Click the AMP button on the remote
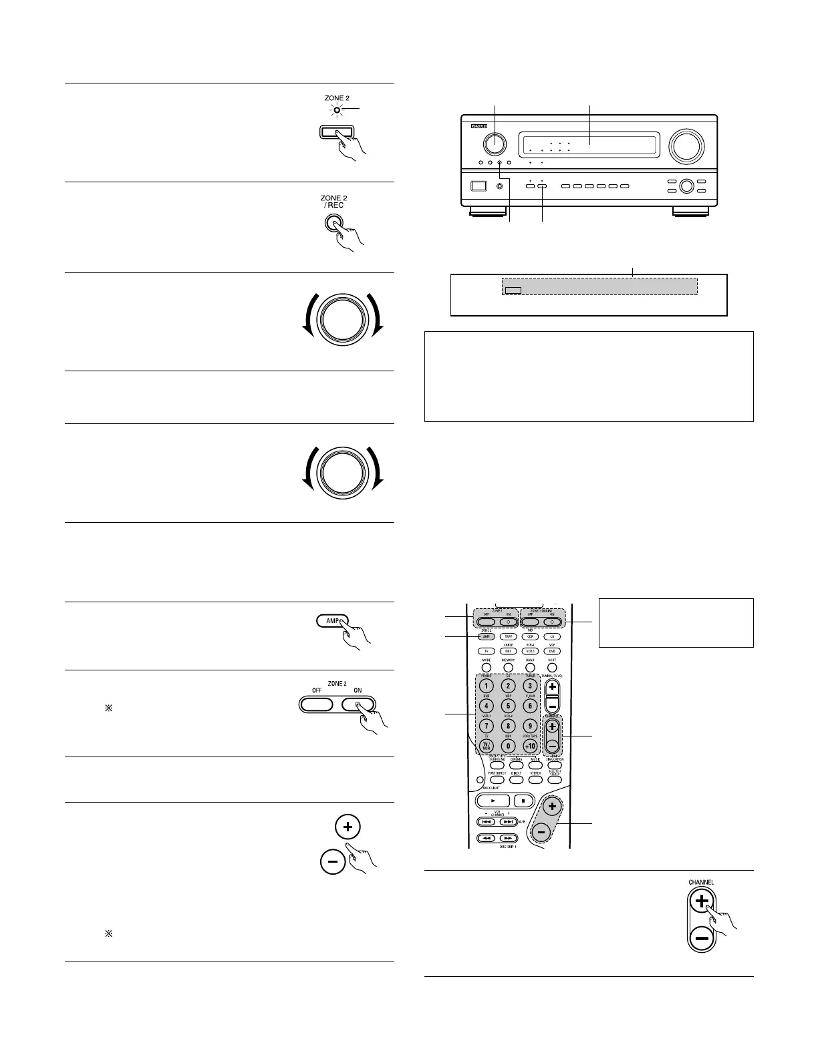486,637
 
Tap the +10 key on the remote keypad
530,745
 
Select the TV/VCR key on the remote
486,746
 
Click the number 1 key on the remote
486,686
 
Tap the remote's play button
493,800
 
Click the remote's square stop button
525,800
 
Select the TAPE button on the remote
508,637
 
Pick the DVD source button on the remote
552,651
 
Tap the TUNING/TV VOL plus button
552,686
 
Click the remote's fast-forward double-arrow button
508,837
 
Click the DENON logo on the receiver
480,124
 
